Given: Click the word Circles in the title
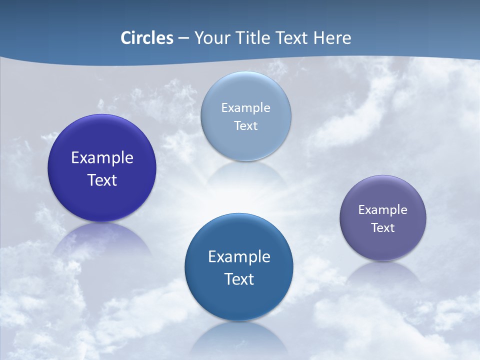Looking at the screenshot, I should click(147, 38).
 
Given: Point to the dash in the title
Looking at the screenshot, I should click(183, 38).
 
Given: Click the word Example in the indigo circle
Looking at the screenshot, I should click(102, 158).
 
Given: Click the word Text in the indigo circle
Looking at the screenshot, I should click(102, 180).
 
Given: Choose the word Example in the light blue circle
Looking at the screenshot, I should click(245, 107).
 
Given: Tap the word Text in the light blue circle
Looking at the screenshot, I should click(245, 125).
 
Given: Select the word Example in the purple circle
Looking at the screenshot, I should click(383, 210).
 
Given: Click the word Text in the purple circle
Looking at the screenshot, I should click(383, 228).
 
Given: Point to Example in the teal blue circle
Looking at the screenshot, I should click(239, 257).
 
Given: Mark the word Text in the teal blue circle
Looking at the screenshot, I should click(239, 279).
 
